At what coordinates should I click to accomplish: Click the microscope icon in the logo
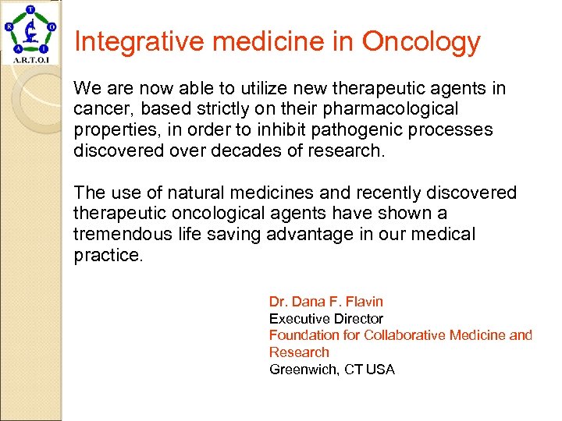tap(31, 32)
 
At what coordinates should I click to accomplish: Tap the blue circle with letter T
tap(31, 9)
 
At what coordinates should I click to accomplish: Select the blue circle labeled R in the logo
tap(9, 25)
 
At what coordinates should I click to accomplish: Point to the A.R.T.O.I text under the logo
tap(31, 60)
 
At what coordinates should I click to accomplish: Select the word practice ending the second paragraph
tap(108, 255)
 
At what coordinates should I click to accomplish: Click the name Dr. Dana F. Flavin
tap(325, 302)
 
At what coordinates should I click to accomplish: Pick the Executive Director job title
tap(325, 319)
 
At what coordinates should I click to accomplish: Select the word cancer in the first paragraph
tap(97, 109)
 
